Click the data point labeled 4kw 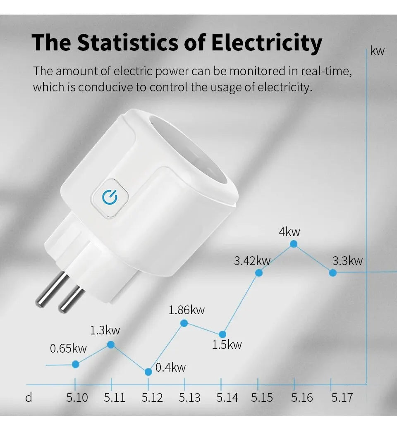tap(294, 244)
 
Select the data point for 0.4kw tap(148, 372)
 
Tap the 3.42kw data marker tap(259, 273)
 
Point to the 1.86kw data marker tap(184, 323)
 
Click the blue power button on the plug tap(110, 198)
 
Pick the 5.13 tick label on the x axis tap(189, 398)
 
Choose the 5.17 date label tap(342, 398)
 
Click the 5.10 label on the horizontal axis tap(77, 398)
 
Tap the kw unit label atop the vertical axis tap(377, 51)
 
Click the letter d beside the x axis tap(29, 398)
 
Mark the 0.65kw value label tap(68, 348)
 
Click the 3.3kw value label tap(347, 260)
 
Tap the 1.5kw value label tap(227, 344)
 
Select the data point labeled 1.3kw tap(111, 344)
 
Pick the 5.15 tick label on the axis tap(262, 398)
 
